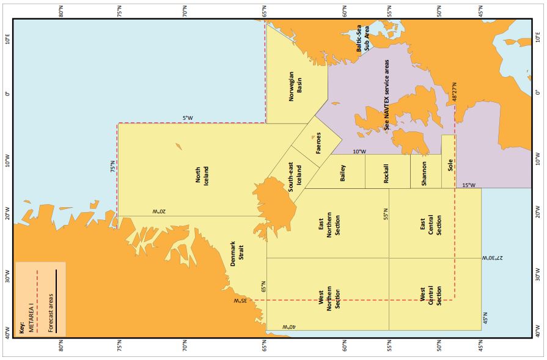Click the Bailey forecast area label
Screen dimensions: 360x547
(342, 173)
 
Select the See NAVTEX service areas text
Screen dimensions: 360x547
(386, 94)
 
